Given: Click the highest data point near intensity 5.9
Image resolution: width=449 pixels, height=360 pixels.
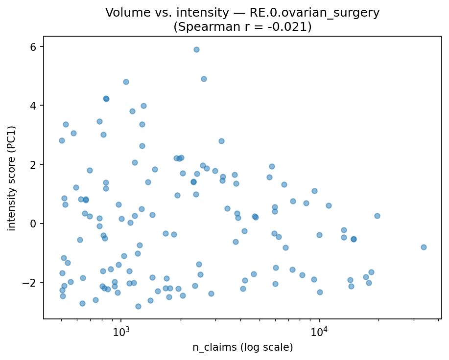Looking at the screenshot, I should click(x=196, y=49).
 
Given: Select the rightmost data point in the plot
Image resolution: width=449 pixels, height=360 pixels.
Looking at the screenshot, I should click(x=424, y=247).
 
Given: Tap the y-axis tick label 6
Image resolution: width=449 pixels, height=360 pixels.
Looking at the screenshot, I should click(x=34, y=46).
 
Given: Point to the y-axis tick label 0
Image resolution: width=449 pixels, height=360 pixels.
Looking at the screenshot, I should click(x=34, y=224).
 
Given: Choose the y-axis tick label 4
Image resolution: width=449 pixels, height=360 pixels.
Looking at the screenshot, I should click(x=34, y=106).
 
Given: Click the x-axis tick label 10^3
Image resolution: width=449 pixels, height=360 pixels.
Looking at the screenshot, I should click(x=121, y=332).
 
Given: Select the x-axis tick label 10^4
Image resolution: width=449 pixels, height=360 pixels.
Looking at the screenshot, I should click(x=319, y=332).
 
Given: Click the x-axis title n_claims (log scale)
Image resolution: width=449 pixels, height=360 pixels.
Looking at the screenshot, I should click(x=242, y=348).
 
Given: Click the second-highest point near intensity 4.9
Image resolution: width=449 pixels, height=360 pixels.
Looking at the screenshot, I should click(x=204, y=79).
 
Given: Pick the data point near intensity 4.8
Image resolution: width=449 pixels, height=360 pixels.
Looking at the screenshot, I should click(x=126, y=82).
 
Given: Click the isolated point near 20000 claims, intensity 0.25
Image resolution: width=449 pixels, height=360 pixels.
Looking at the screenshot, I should click(x=377, y=216).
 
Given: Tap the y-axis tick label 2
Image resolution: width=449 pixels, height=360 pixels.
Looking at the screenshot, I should click(x=34, y=164).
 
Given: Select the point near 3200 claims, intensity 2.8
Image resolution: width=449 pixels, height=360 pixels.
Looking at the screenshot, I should click(x=221, y=141).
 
